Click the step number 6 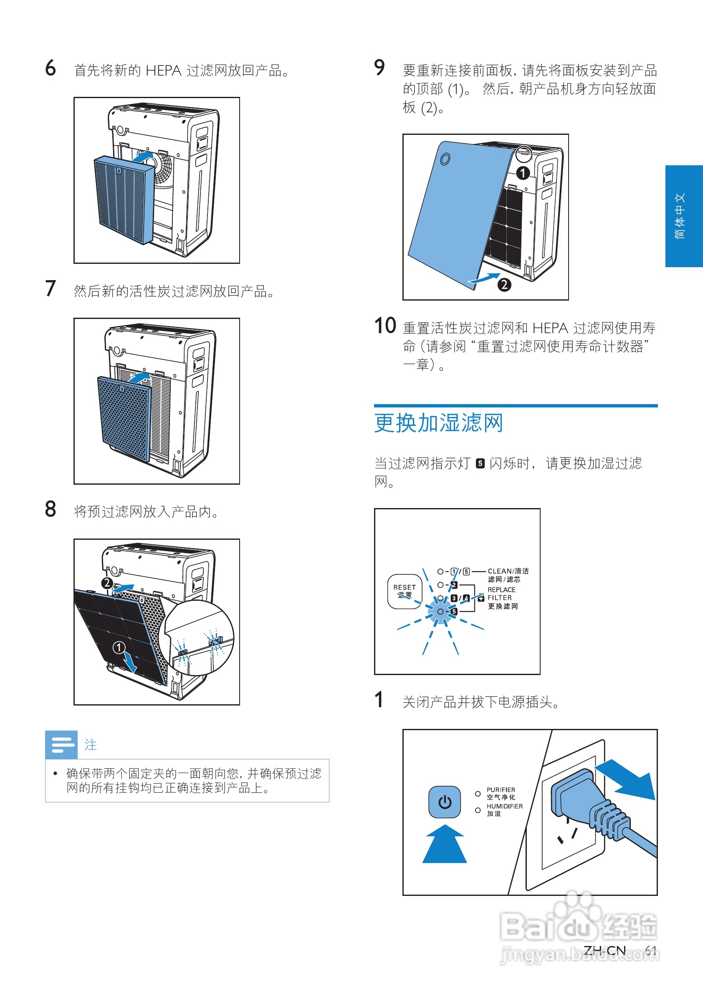(51, 68)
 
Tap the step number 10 (384, 326)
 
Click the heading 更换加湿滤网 (438, 423)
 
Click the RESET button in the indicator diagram (405, 592)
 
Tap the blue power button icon (444, 802)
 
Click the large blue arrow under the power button (444, 844)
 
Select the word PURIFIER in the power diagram (501, 790)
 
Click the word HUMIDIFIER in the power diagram (504, 806)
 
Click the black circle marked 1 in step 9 (523, 173)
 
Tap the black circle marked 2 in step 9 (504, 285)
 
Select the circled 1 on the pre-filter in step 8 (119, 647)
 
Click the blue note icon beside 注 (61, 745)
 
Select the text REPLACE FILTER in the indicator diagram (501, 594)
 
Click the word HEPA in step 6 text (163, 71)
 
